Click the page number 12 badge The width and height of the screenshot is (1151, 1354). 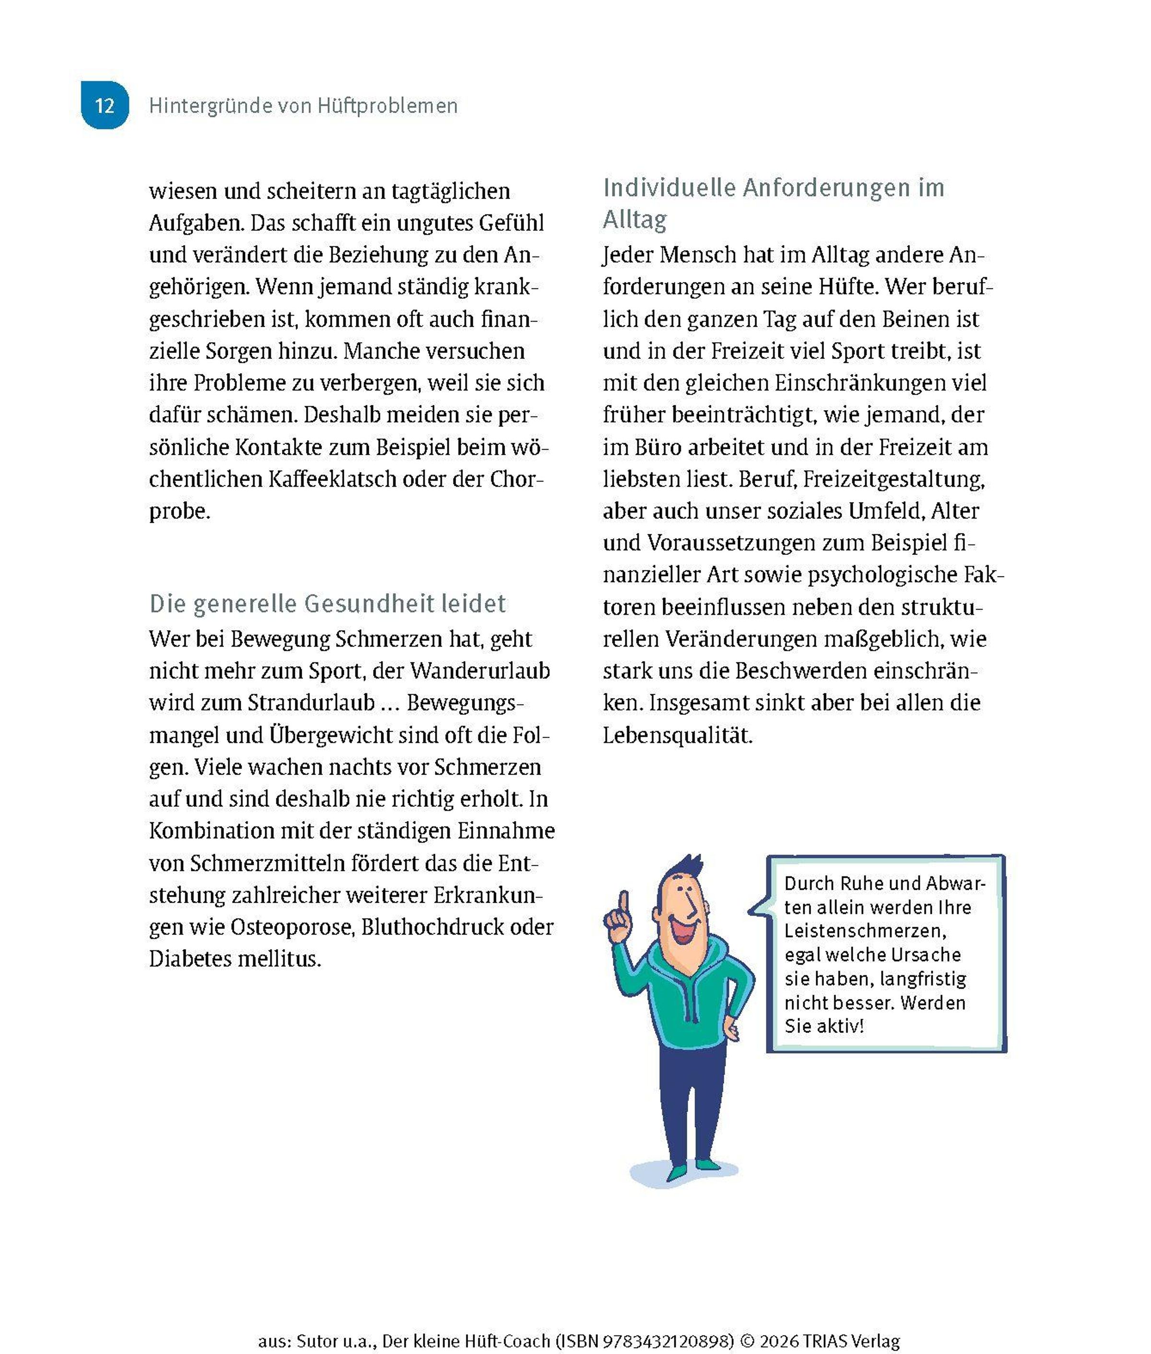click(x=105, y=105)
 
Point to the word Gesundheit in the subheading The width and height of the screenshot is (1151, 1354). click(x=369, y=603)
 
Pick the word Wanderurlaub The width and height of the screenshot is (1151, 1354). click(x=480, y=671)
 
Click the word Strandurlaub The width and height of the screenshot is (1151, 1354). click(x=311, y=703)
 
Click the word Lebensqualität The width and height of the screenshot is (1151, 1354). click(x=677, y=735)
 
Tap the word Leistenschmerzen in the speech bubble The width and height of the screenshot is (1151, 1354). click(x=865, y=931)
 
